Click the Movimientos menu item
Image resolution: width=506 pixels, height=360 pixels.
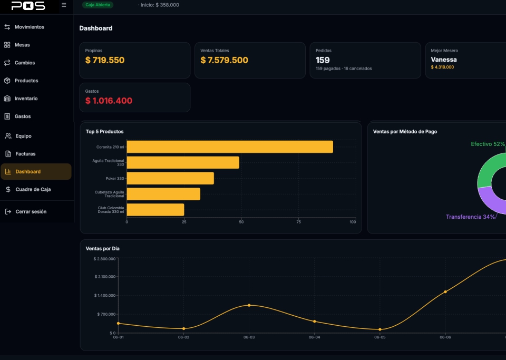(24, 27)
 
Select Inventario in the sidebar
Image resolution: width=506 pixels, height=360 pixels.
(21, 99)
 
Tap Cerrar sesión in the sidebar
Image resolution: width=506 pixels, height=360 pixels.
(26, 212)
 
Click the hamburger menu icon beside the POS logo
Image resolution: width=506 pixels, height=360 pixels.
(64, 5)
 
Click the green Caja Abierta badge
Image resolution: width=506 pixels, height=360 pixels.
(98, 5)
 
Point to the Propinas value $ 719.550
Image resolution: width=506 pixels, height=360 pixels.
(105, 60)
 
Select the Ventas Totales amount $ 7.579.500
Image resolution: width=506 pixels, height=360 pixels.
(225, 60)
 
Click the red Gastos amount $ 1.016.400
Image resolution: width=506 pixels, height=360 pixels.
(109, 101)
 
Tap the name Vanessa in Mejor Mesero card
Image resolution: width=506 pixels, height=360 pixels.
(444, 60)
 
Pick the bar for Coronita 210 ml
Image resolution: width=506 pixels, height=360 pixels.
(230, 147)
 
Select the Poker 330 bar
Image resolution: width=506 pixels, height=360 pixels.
(170, 178)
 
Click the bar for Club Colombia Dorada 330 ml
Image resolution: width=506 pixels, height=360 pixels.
(155, 210)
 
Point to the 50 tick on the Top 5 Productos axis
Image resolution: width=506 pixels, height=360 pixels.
(241, 222)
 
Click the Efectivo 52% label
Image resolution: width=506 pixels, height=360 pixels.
(488, 144)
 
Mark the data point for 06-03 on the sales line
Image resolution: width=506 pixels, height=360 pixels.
(249, 306)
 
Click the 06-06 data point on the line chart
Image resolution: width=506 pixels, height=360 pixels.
(445, 292)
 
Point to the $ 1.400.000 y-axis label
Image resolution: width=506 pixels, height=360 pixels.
(105, 296)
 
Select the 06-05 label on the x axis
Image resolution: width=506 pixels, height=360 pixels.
(380, 337)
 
